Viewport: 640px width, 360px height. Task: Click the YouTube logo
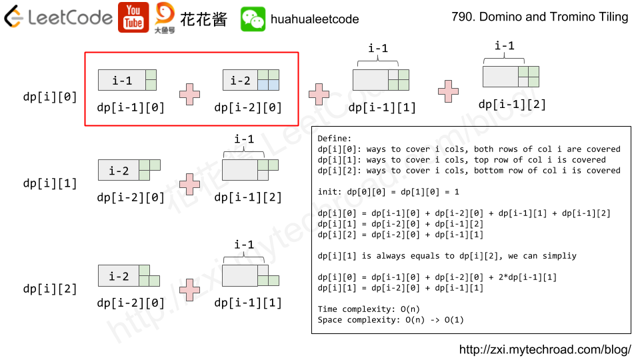pos(133,17)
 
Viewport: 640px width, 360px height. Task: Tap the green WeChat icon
pos(253,19)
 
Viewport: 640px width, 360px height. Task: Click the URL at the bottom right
pos(545,349)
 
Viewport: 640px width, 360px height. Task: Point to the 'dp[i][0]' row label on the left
pos(50,97)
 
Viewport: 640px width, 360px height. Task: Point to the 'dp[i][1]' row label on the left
pos(50,183)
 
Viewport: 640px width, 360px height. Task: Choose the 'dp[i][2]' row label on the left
pos(50,289)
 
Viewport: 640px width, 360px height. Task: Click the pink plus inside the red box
pos(190,94)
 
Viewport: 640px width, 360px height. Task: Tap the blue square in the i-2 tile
pos(268,85)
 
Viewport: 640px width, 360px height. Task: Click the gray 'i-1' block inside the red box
pos(121,80)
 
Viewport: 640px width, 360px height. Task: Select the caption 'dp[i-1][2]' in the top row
pos(512,104)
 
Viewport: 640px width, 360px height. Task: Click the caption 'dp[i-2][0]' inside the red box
pos(248,107)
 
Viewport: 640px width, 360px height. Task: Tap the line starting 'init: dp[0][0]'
pos(389,192)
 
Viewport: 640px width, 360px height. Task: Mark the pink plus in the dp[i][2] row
pos(190,289)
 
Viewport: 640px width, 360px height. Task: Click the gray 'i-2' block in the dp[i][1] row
pos(119,170)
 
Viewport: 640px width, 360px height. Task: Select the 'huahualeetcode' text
pos(315,20)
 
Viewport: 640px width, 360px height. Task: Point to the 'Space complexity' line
pos(391,320)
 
